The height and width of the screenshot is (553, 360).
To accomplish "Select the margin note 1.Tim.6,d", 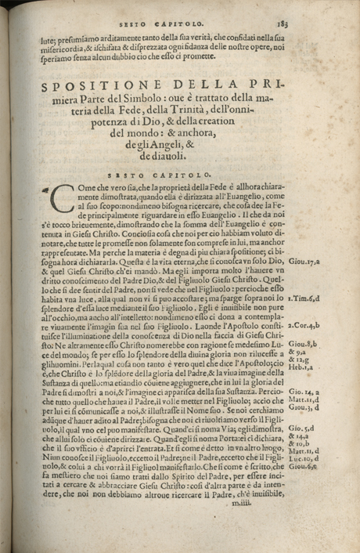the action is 326,298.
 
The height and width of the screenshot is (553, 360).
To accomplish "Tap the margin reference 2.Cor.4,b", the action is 326,323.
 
